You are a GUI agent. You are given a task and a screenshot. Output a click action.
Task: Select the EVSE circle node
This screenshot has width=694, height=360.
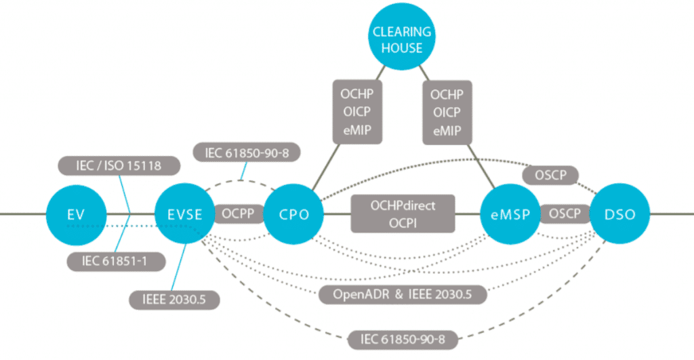point(185,214)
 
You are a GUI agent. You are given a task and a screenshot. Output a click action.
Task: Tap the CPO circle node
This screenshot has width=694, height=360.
point(293,214)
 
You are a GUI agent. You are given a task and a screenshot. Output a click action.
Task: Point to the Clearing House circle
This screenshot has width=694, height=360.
point(402,39)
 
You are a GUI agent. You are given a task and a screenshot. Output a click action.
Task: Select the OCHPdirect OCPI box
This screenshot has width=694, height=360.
point(403,214)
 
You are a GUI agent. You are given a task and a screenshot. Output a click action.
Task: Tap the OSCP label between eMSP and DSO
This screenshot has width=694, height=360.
point(565,214)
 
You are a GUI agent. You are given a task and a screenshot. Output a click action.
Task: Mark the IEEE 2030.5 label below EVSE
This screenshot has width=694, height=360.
point(174,299)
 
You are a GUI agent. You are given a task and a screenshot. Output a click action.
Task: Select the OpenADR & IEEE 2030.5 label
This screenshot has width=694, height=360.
point(403,294)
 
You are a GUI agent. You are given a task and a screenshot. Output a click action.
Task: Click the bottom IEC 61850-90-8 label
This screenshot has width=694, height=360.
point(402,337)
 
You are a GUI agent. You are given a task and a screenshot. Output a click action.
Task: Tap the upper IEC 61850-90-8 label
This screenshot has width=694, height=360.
point(247,153)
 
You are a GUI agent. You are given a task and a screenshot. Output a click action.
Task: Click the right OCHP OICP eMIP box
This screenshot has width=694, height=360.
point(447,111)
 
